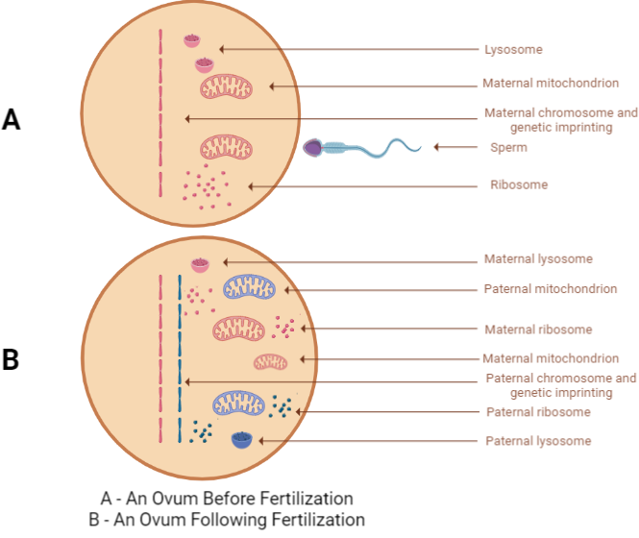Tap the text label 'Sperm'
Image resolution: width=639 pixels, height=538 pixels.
point(507,148)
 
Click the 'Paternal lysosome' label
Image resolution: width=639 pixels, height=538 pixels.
point(537,441)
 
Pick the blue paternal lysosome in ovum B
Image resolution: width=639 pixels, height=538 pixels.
point(242,441)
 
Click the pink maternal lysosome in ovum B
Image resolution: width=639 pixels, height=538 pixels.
point(200,263)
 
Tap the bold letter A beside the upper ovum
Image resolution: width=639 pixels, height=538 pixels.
point(12,119)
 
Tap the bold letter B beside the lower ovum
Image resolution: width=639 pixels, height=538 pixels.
point(12,360)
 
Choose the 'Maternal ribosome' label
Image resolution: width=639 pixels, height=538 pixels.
point(538,330)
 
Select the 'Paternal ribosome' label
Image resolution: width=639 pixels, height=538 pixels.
point(536,412)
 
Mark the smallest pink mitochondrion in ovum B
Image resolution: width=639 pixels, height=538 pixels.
point(270,361)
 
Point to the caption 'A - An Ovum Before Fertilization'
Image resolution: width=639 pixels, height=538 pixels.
point(227,499)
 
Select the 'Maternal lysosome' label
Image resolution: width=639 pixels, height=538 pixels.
point(538,259)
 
